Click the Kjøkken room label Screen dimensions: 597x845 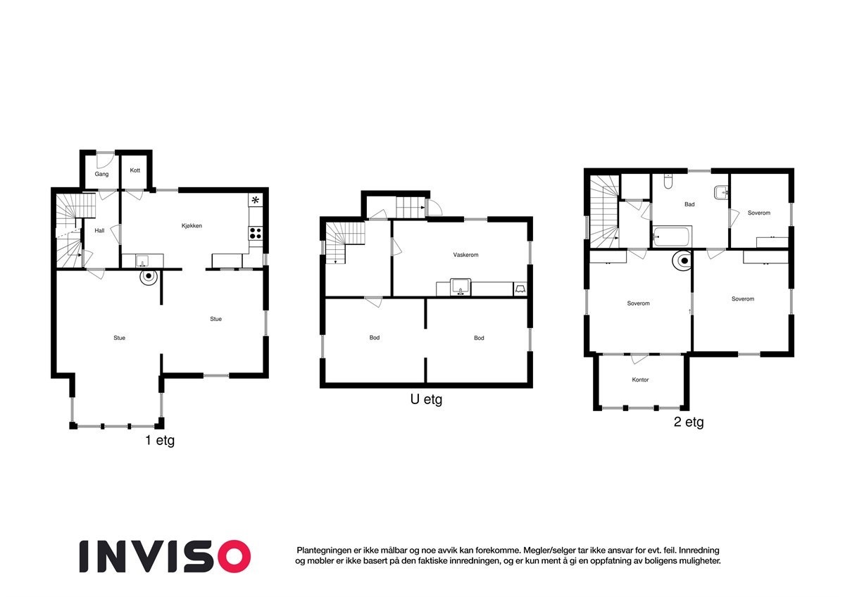(x=192, y=226)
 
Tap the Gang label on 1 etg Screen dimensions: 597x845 (x=101, y=174)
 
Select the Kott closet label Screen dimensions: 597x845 (x=135, y=170)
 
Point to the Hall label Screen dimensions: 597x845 (x=99, y=230)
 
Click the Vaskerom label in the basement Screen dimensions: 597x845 (x=465, y=255)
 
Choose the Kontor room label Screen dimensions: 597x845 (x=640, y=380)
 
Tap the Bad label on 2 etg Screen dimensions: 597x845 (x=689, y=205)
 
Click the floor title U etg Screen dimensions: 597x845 (x=426, y=400)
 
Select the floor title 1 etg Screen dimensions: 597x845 (x=159, y=441)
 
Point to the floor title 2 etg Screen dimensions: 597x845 (x=688, y=422)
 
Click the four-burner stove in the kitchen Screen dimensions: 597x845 (x=255, y=232)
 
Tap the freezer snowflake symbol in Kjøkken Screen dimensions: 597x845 (x=255, y=201)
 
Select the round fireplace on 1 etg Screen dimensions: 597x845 (x=148, y=275)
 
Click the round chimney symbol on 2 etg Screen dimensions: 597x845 (x=682, y=261)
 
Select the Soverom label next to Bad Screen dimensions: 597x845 (x=758, y=213)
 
